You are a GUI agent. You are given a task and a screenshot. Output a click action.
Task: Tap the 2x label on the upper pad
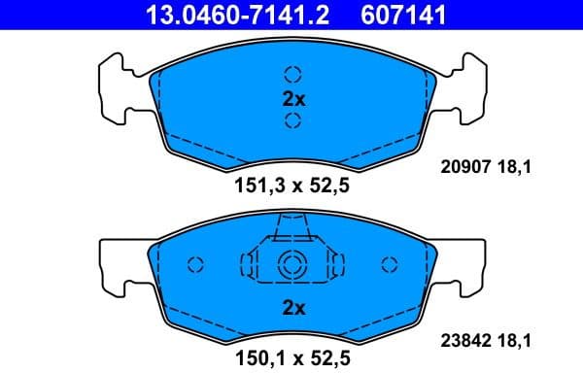[292, 98]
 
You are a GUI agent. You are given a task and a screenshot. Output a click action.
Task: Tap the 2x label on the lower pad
[292, 308]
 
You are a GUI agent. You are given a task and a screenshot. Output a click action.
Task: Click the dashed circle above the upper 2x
[292, 74]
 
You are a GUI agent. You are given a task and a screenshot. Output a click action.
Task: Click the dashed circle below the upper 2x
[292, 121]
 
